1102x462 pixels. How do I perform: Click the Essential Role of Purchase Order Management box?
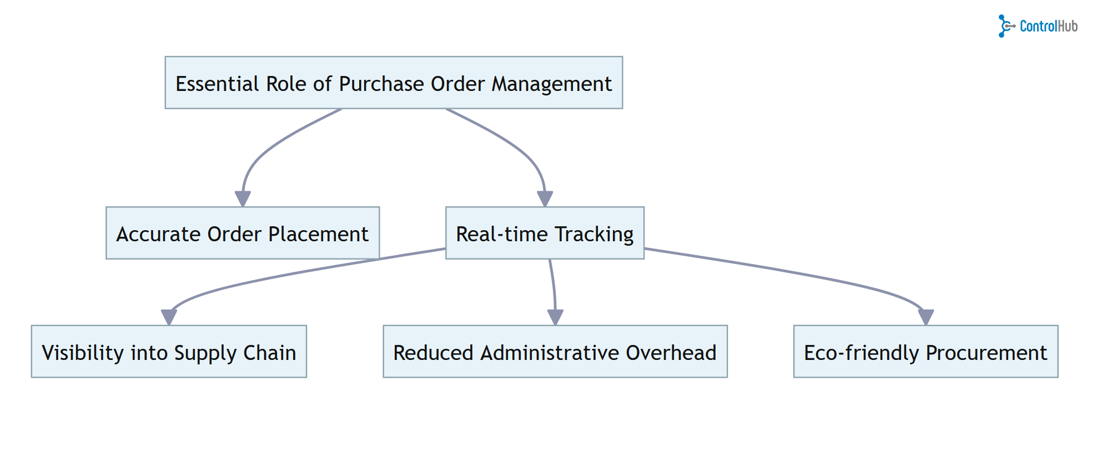click(394, 83)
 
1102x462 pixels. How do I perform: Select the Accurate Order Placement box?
click(243, 233)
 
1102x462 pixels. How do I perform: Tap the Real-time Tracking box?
click(545, 233)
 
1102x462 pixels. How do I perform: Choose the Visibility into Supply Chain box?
click(169, 352)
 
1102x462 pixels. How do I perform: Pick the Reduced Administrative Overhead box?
click(555, 352)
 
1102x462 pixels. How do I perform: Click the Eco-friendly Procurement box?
click(925, 352)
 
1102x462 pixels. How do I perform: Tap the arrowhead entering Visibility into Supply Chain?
click(169, 317)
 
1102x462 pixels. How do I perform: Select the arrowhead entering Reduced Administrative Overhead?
click(555, 317)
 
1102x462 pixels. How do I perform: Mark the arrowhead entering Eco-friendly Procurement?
click(925, 317)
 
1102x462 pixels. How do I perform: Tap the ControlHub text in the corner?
click(1048, 26)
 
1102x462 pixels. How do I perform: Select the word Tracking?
click(594, 234)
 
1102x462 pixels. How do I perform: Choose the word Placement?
click(318, 234)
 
